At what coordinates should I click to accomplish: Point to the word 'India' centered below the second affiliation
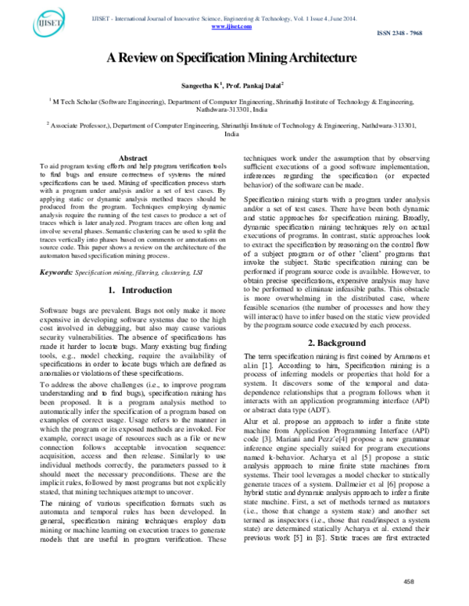[x=231, y=134]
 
